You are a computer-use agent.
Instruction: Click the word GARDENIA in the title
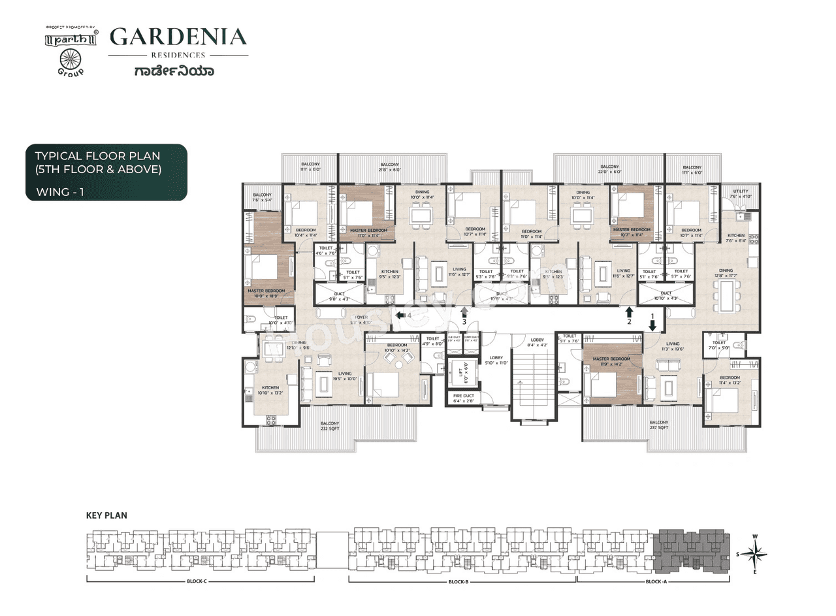pos(178,37)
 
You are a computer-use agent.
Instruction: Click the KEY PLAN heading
pos(106,515)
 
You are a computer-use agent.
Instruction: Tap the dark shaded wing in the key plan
pos(692,552)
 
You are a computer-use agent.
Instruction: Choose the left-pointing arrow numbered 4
pos(398,316)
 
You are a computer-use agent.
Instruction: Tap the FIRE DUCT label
pos(463,398)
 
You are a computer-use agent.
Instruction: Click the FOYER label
pos(361,319)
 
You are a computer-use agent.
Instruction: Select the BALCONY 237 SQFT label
pos(658,425)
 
